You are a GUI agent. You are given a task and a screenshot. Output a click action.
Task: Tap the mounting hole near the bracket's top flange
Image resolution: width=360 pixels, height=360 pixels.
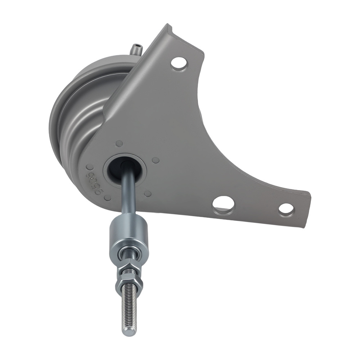point(179,64)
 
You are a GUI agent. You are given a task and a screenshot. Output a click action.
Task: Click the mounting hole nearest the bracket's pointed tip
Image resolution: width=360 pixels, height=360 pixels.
point(286,209)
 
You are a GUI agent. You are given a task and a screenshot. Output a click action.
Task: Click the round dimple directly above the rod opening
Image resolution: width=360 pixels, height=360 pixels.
point(119,144)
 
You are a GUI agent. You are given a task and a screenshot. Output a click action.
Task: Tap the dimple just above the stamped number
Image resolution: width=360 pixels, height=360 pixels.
point(90,167)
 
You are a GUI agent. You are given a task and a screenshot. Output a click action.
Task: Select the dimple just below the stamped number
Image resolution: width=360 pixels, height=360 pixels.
point(107,198)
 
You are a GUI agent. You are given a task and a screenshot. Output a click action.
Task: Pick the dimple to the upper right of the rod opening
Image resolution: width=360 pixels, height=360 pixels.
point(156,160)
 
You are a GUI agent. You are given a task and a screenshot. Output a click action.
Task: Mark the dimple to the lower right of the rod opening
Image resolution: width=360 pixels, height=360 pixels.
point(148,194)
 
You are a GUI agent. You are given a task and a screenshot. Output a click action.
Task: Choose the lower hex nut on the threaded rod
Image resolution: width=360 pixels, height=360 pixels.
point(129,282)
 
